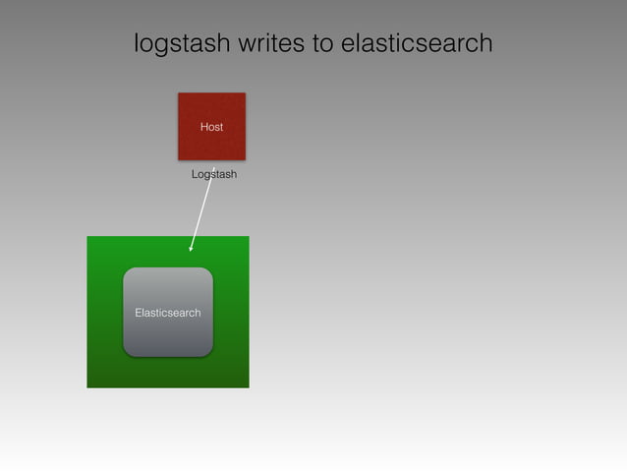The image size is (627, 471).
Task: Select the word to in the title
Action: tap(321, 44)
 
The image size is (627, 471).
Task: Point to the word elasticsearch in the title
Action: tap(417, 44)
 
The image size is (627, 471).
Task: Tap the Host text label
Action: tap(211, 127)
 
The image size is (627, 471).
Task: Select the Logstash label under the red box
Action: tap(214, 174)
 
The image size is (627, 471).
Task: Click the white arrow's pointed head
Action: tap(191, 250)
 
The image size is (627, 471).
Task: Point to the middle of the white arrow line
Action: tap(201, 209)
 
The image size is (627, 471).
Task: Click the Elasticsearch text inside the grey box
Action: tap(168, 313)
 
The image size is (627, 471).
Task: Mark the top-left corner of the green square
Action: tap(88, 238)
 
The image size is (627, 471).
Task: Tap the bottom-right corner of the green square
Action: tap(248, 386)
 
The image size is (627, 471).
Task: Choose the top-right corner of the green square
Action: tap(248, 238)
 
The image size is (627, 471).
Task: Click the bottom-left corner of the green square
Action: tap(88, 386)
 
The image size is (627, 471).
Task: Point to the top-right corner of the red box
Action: tap(244, 94)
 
